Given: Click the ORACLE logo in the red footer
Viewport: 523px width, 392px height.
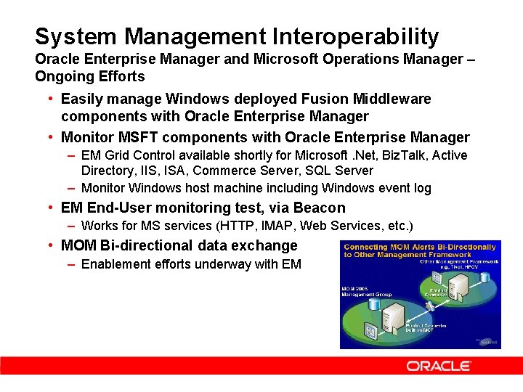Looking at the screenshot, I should [x=439, y=366].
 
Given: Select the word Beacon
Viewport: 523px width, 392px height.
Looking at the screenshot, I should [x=320, y=208].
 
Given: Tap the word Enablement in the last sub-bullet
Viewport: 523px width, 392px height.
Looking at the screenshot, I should [x=115, y=264].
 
